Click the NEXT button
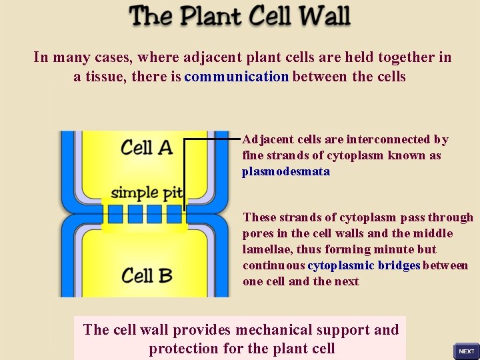pyautogui.click(x=467, y=351)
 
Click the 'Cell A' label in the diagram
pyautogui.click(x=147, y=147)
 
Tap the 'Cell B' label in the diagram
pyautogui.click(x=147, y=274)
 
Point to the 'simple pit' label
pyautogui.click(x=146, y=193)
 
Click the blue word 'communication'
pyautogui.click(x=237, y=77)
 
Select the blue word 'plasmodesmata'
pyautogui.click(x=285, y=171)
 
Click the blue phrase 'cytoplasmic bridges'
pyautogui.click(x=364, y=265)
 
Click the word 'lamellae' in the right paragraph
pyautogui.click(x=265, y=249)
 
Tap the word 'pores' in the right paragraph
pyautogui.click(x=257, y=233)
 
